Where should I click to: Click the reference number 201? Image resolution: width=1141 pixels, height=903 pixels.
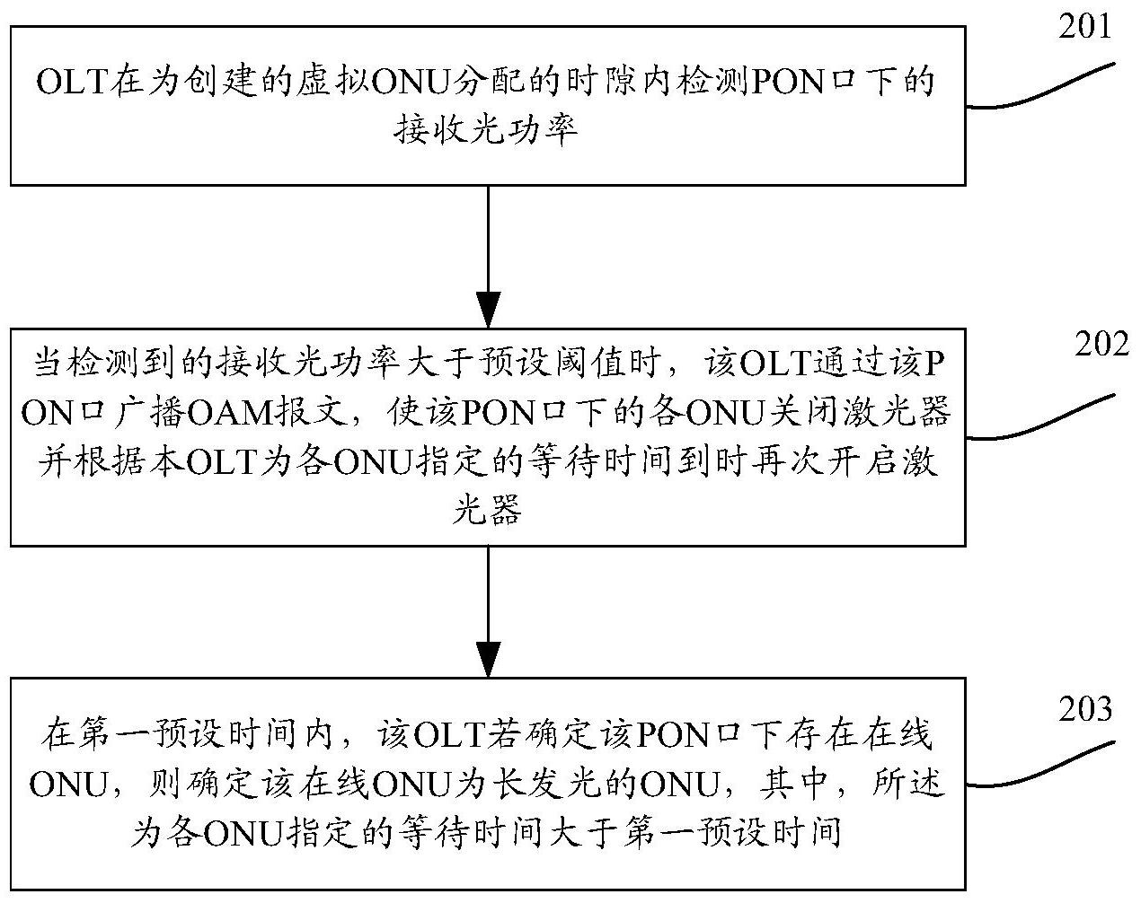(x=1084, y=27)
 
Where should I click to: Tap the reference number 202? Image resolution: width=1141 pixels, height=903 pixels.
(x=1101, y=345)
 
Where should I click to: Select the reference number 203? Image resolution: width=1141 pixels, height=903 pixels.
(x=1085, y=710)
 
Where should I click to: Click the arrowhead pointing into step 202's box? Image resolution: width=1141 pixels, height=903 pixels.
(x=489, y=310)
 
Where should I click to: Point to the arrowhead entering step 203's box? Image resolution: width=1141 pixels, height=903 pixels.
(x=489, y=660)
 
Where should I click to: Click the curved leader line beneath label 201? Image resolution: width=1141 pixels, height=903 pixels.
(x=1040, y=88)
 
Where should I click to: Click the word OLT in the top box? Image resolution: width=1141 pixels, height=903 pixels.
(x=72, y=83)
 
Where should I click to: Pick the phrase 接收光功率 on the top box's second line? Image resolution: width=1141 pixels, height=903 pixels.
(x=486, y=130)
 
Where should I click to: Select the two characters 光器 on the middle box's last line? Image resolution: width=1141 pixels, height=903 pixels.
(x=487, y=511)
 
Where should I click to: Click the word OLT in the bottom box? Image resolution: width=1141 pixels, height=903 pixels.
(x=448, y=735)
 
